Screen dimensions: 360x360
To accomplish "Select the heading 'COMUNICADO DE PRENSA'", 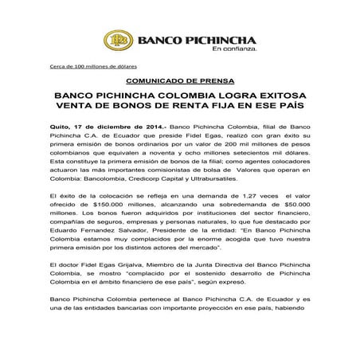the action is click(179, 81).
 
